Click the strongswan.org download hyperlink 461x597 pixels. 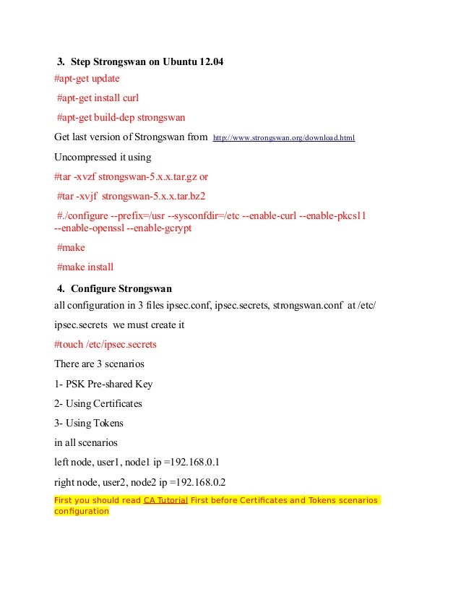click(x=283, y=137)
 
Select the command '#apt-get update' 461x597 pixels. click(x=87, y=79)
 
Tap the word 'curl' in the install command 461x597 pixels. click(x=129, y=98)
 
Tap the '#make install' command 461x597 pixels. click(x=85, y=267)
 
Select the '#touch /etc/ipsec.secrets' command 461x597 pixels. click(x=105, y=345)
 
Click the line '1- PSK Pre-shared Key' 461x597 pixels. click(x=103, y=384)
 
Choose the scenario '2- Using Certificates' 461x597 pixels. click(x=98, y=403)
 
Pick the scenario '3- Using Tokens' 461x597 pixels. click(x=89, y=423)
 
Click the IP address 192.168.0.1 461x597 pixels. click(x=189, y=462)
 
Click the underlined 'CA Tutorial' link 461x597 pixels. click(x=165, y=500)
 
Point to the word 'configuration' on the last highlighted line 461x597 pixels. click(x=82, y=512)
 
